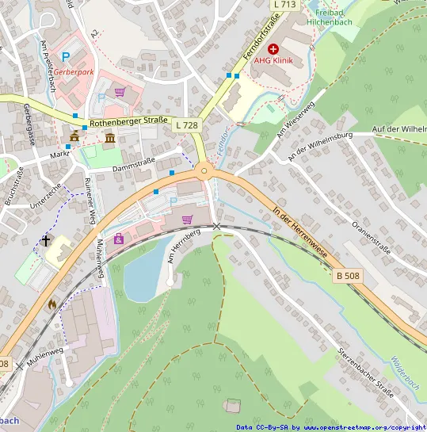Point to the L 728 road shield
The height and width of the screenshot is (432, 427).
[x=187, y=125]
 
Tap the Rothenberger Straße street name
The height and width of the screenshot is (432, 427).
[x=128, y=123]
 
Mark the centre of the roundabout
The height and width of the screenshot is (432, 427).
[x=204, y=170]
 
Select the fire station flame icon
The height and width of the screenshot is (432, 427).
[x=52, y=303]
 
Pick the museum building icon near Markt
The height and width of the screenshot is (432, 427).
[x=109, y=140]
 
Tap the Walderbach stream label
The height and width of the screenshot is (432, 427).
[x=405, y=373]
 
